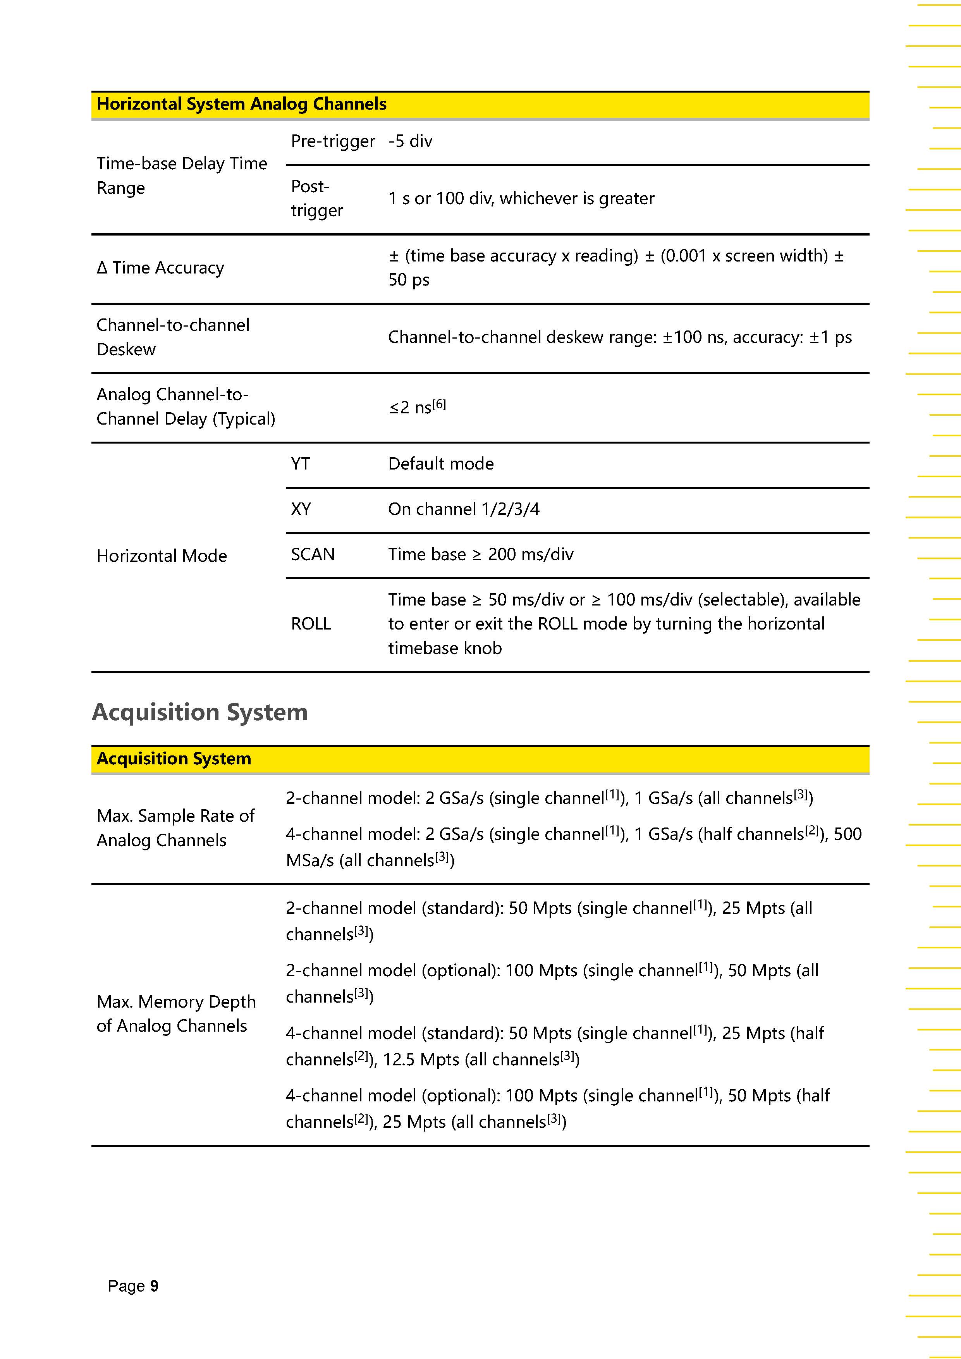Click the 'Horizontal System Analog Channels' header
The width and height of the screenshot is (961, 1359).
tap(241, 104)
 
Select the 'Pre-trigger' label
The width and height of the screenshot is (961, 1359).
tap(333, 141)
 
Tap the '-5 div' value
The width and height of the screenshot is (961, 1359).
tap(410, 141)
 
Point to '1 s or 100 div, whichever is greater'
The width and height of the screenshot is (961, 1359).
tap(521, 198)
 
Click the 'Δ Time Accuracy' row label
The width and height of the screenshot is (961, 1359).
tap(160, 268)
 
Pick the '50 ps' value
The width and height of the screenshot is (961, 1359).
tap(408, 279)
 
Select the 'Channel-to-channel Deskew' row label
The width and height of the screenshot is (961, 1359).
tap(173, 337)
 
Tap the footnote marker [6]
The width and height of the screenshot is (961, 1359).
tap(439, 404)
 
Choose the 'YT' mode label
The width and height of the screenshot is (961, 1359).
tap(300, 463)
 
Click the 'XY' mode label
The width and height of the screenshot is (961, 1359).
tap(301, 509)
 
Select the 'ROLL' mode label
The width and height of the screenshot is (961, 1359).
tap(311, 624)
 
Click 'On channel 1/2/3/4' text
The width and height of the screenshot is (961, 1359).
tap(463, 509)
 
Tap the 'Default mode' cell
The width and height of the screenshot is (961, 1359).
tap(441, 463)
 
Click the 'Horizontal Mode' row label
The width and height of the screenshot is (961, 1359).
tap(162, 556)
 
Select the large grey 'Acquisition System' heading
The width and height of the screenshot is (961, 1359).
tap(199, 712)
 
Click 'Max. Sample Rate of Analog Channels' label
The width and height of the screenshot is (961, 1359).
tap(175, 827)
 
